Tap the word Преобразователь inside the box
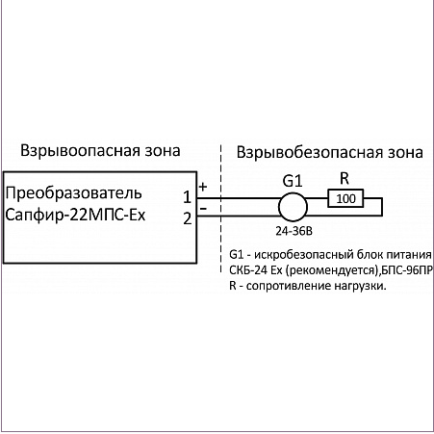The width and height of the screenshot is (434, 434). pyautogui.click(x=74, y=193)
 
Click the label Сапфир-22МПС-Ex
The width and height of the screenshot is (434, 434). pyautogui.click(x=75, y=215)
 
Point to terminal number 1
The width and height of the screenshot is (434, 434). pyautogui.click(x=188, y=197)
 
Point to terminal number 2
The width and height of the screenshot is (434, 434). pyautogui.click(x=188, y=218)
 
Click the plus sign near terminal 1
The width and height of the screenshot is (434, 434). pyautogui.click(x=203, y=187)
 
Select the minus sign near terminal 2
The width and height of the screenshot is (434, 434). pyautogui.click(x=203, y=209)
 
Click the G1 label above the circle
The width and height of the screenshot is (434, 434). pyautogui.click(x=293, y=181)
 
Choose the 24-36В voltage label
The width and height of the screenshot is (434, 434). pyautogui.click(x=294, y=231)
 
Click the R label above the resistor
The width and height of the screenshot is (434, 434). pyautogui.click(x=345, y=179)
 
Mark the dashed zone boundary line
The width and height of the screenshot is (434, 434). pyautogui.click(x=221, y=209)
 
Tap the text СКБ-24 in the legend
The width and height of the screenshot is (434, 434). pyautogui.click(x=248, y=270)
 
